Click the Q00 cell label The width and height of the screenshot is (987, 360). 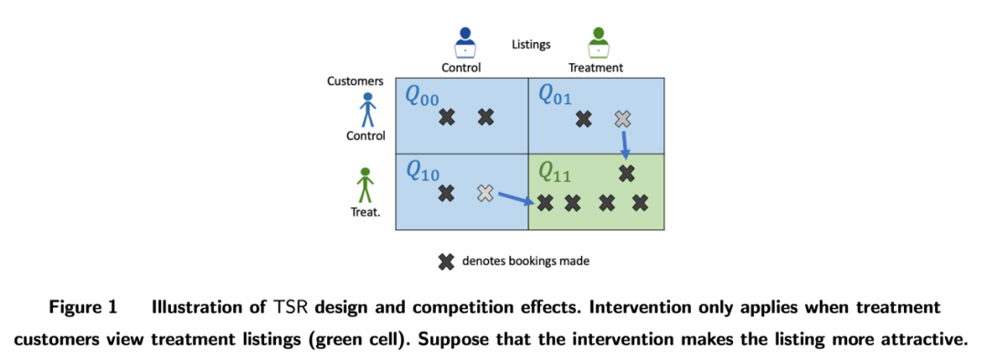[x=421, y=98]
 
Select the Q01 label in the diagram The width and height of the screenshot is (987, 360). [x=557, y=95]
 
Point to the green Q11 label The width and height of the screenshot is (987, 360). [x=557, y=171]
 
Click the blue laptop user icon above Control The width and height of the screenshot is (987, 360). [x=465, y=43]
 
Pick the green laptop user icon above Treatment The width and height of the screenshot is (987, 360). [x=598, y=43]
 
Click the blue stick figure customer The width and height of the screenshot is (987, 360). [x=367, y=111]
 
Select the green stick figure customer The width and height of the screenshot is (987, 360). [x=365, y=185]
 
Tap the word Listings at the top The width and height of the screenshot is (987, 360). [x=531, y=45]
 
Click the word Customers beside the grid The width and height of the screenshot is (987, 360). [x=355, y=81]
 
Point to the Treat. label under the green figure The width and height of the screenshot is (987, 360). [x=365, y=212]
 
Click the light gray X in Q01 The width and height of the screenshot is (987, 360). [x=622, y=118]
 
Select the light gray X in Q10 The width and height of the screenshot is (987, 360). [x=484, y=193]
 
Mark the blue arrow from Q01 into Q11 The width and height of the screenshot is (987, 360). [x=624, y=144]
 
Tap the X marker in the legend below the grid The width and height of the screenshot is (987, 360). [x=446, y=261]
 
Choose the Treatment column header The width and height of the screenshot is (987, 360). [x=596, y=68]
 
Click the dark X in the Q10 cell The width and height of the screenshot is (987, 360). [x=446, y=193]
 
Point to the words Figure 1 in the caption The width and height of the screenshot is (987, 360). [x=83, y=309]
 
